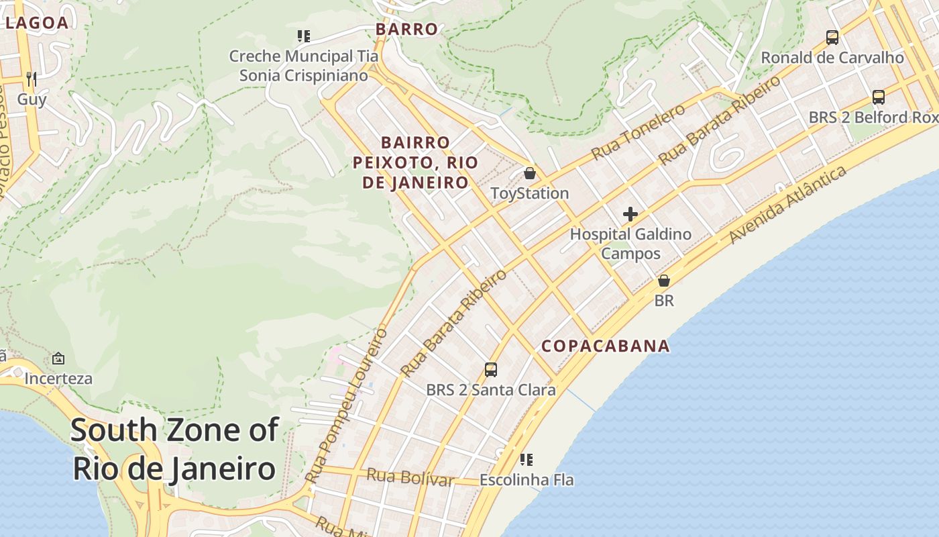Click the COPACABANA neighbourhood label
[605, 346]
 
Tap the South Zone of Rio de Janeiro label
[174, 448]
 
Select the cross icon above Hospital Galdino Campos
[630, 214]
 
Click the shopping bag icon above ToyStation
[530, 173]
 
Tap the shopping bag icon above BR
[664, 281]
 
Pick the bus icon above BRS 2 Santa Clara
[491, 369]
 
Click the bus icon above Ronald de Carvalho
[832, 38]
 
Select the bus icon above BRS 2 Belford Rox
[879, 97]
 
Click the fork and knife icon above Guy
[31, 79]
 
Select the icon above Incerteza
[58, 358]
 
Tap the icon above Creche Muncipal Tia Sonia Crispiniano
[303, 36]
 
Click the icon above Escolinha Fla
[527, 460]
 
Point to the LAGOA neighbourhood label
[37, 23]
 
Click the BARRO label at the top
[406, 29]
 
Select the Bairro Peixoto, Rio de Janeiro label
[415, 162]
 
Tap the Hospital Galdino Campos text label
[630, 244]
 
